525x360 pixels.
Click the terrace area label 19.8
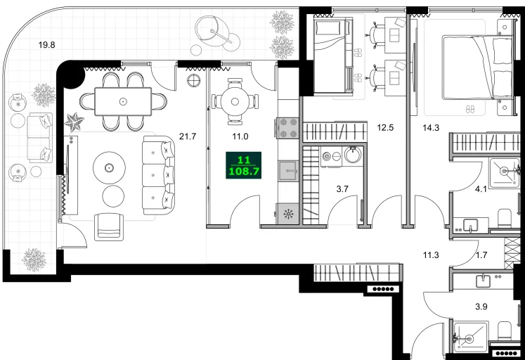[46, 44]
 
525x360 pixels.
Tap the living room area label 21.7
[188, 136]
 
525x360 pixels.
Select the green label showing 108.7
[243, 172]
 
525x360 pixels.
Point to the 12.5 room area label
[385, 127]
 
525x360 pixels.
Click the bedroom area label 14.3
[431, 127]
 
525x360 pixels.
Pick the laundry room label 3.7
[342, 189]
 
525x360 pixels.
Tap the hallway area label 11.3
[431, 255]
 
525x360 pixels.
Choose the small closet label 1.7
[481, 255]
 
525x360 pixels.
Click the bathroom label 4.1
[481, 189]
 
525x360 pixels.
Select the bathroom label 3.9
[481, 307]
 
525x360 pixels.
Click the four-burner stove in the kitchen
[287, 127]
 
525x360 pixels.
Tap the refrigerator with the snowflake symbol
[287, 214]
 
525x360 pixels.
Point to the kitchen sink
[288, 171]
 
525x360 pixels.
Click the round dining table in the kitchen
[235, 101]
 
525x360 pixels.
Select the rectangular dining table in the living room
[123, 101]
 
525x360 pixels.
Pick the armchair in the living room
[109, 226]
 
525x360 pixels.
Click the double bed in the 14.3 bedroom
[477, 67]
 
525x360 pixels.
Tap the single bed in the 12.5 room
[333, 56]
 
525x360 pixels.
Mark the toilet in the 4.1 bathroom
[505, 218]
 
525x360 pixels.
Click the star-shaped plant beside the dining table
[74, 122]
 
